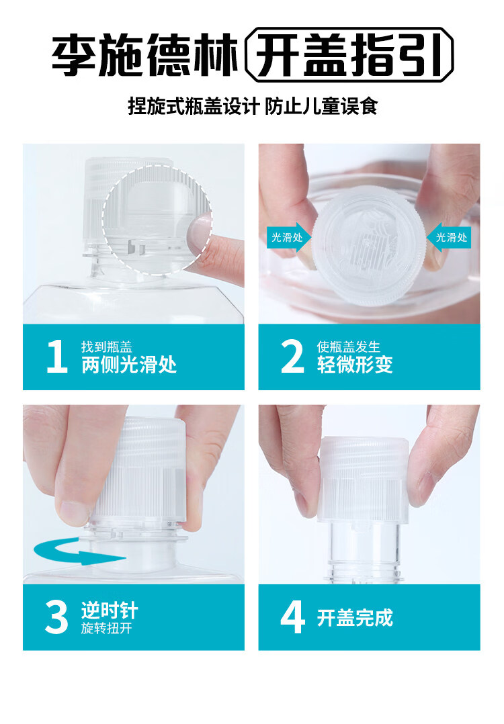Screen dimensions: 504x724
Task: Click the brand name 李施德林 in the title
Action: [144, 55]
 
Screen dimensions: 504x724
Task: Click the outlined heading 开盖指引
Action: [349, 55]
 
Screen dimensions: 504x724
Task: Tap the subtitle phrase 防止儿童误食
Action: [321, 106]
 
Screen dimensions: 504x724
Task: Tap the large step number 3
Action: [57, 617]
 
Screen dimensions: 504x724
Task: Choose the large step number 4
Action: [292, 617]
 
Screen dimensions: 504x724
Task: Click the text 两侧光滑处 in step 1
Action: [129, 364]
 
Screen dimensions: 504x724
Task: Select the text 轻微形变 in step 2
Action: [355, 364]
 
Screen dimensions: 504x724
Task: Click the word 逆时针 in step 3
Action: [110, 610]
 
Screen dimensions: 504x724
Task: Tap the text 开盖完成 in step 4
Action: [355, 617]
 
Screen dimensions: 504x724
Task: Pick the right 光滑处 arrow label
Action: [449, 237]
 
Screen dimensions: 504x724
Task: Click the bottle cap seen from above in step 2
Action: [369, 245]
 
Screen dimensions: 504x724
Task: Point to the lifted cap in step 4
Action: [364, 480]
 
